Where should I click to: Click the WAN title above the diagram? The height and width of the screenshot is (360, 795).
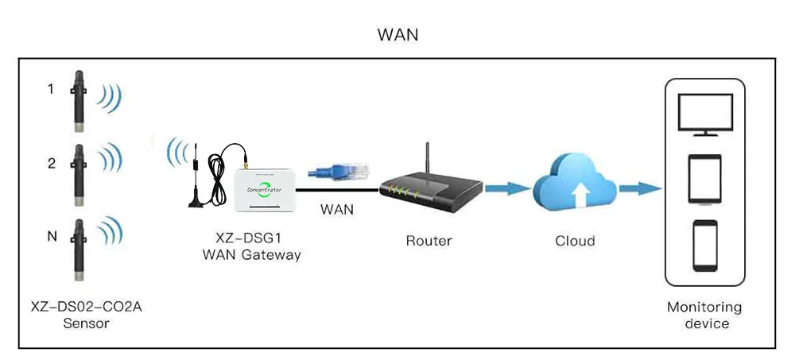397,35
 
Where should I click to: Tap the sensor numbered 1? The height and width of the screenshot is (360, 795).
79,101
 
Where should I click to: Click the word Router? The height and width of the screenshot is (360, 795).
429,240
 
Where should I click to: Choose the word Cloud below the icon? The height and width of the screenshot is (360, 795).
574,240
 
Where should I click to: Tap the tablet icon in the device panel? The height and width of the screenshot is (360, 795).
704,179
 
